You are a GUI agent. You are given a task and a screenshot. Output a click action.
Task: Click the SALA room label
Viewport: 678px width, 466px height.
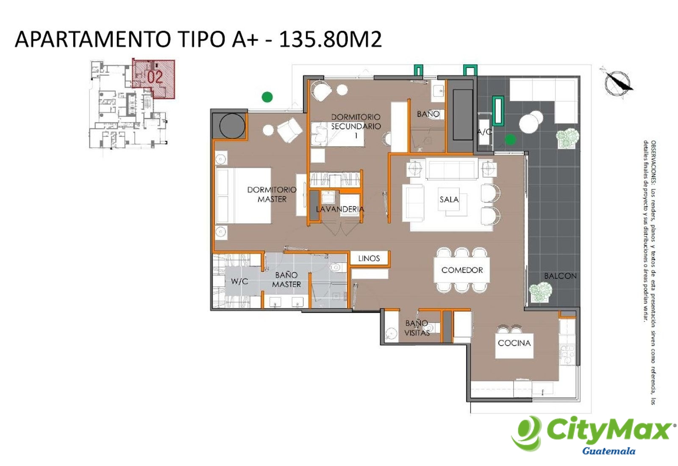pyautogui.click(x=449, y=200)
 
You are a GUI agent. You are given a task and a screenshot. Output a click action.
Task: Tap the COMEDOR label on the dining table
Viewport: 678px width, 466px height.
pyautogui.click(x=462, y=270)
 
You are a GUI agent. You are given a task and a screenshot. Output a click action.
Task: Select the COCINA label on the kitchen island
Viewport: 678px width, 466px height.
pyautogui.click(x=514, y=343)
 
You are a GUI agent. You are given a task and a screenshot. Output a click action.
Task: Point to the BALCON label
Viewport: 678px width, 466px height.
pyautogui.click(x=560, y=276)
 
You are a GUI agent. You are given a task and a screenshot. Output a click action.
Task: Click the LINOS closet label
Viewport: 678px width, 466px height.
pyautogui.click(x=369, y=258)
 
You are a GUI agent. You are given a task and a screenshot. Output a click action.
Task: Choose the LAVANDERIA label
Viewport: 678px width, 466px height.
pyautogui.click(x=340, y=209)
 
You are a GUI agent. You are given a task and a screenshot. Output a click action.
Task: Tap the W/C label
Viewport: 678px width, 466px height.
pyautogui.click(x=239, y=281)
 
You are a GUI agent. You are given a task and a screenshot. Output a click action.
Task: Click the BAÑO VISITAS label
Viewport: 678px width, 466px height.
pyautogui.click(x=417, y=328)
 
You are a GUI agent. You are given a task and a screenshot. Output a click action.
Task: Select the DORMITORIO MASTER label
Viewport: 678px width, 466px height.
pyautogui.click(x=272, y=194)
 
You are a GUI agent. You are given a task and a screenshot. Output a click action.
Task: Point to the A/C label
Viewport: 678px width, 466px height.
pyautogui.click(x=484, y=132)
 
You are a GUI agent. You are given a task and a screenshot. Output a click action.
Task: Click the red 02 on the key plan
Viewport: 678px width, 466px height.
pyautogui.click(x=155, y=77)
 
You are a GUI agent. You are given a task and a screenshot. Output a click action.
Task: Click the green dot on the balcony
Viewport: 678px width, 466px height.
pyautogui.click(x=510, y=139)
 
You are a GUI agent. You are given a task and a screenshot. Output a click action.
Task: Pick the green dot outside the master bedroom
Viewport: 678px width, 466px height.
pyautogui.click(x=267, y=97)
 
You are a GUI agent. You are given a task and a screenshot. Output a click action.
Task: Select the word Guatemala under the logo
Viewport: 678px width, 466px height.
pyautogui.click(x=609, y=451)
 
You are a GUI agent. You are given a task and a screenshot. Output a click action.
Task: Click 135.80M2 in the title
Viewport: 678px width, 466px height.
pyautogui.click(x=330, y=39)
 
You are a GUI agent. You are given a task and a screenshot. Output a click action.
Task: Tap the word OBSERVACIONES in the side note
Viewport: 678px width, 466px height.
pyautogui.click(x=653, y=163)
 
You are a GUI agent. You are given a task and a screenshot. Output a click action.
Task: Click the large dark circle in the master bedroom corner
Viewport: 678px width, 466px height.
pyautogui.click(x=232, y=126)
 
